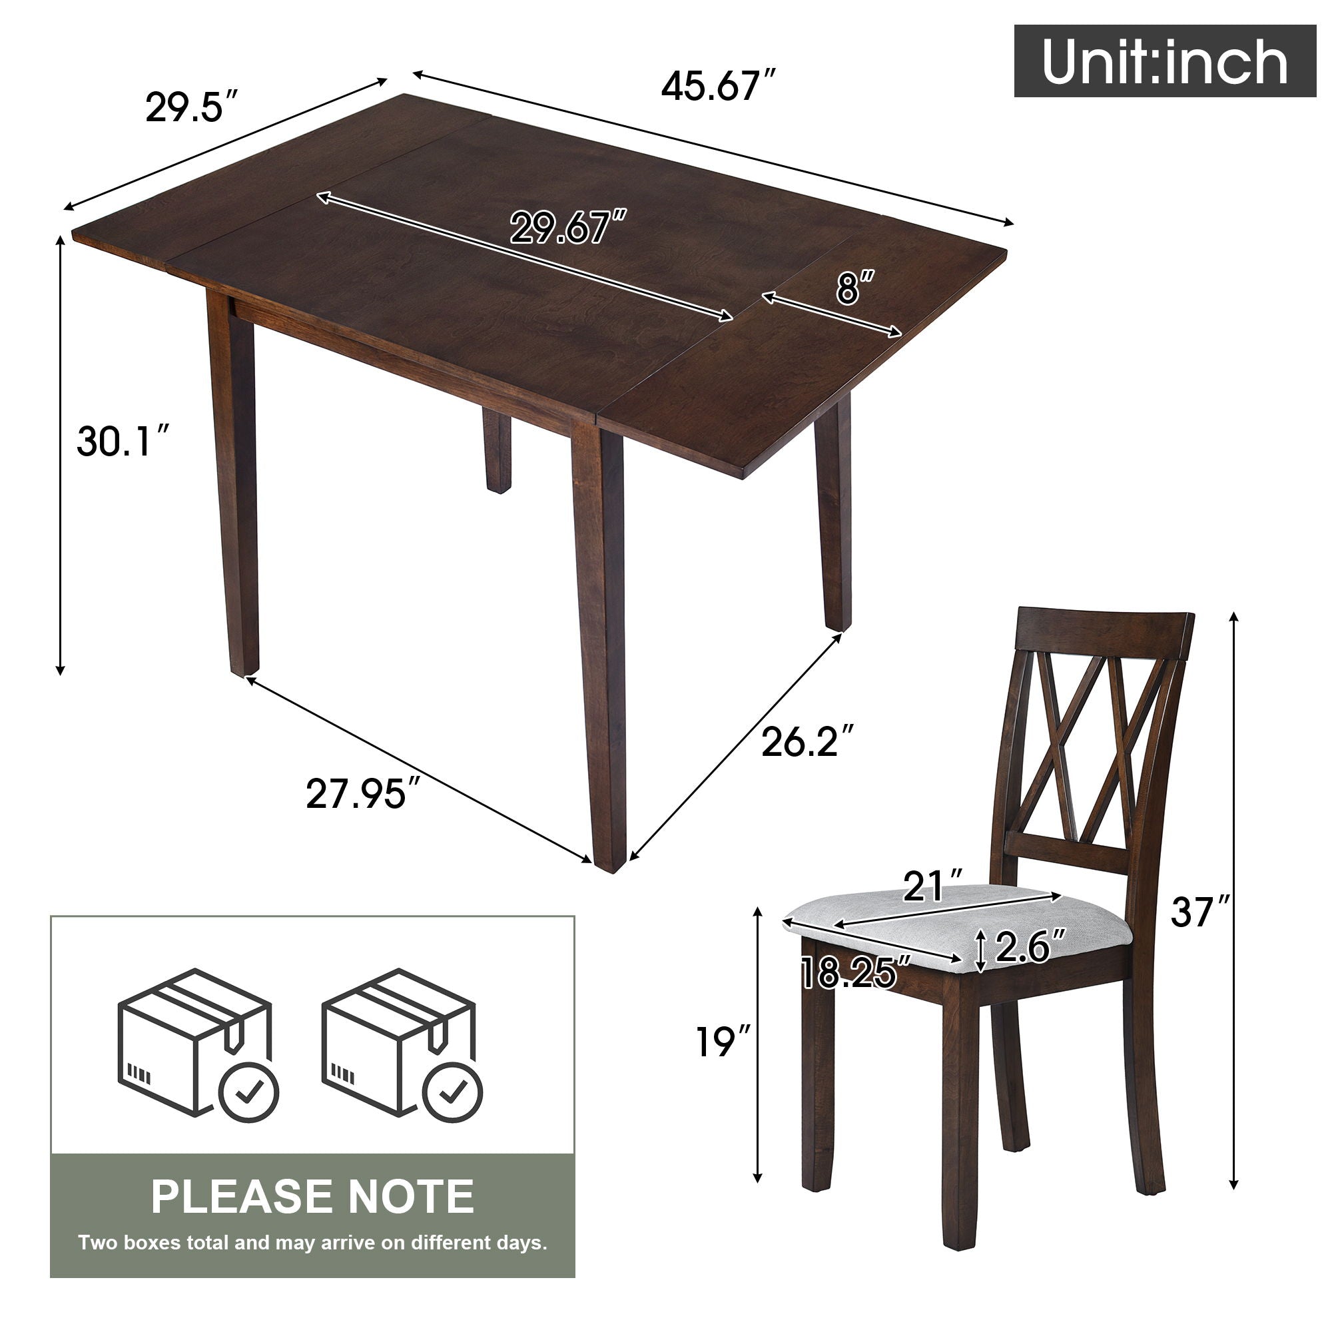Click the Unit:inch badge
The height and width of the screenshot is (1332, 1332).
point(1164,61)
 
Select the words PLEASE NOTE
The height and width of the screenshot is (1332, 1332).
point(312,1197)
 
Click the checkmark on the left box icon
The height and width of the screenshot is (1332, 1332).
point(249,1094)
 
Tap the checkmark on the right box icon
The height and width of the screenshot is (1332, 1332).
point(452,1094)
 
